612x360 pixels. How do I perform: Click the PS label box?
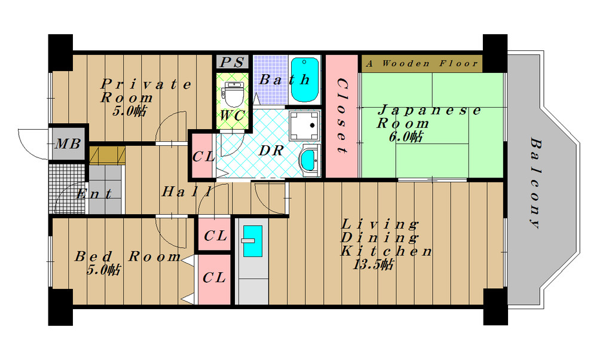[232, 62]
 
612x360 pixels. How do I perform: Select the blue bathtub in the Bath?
[304, 80]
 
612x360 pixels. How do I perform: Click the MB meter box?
[68, 144]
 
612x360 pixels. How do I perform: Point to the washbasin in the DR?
[309, 160]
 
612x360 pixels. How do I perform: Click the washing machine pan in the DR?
[305, 126]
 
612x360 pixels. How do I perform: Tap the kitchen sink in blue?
[253, 241]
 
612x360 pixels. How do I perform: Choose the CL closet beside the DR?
[203, 156]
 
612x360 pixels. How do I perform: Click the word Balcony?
[535, 183]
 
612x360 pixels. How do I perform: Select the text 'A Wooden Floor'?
[421, 63]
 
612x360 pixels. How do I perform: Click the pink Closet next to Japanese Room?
[341, 116]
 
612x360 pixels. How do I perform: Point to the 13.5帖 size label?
[373, 265]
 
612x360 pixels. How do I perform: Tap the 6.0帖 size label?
[405, 137]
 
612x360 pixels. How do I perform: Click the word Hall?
[186, 191]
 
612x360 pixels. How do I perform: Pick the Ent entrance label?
[94, 193]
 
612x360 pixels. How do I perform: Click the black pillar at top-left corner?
[60, 52]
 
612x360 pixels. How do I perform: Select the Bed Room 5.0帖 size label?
[103, 270]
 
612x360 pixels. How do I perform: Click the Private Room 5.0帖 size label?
[129, 111]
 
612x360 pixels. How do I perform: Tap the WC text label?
[232, 115]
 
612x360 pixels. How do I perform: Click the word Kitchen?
[387, 251]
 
